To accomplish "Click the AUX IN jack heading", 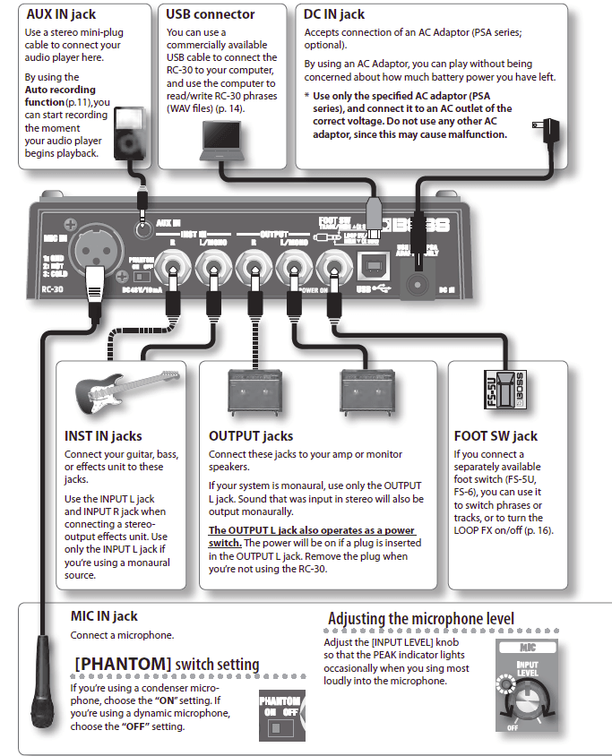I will point(60,14).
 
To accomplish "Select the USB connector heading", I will point(211,14).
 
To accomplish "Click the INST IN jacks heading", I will point(103,436).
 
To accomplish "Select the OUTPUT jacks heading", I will point(251,436).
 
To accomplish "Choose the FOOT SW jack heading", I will point(496,436).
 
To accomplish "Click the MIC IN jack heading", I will point(104,616).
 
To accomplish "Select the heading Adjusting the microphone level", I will point(421,619).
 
